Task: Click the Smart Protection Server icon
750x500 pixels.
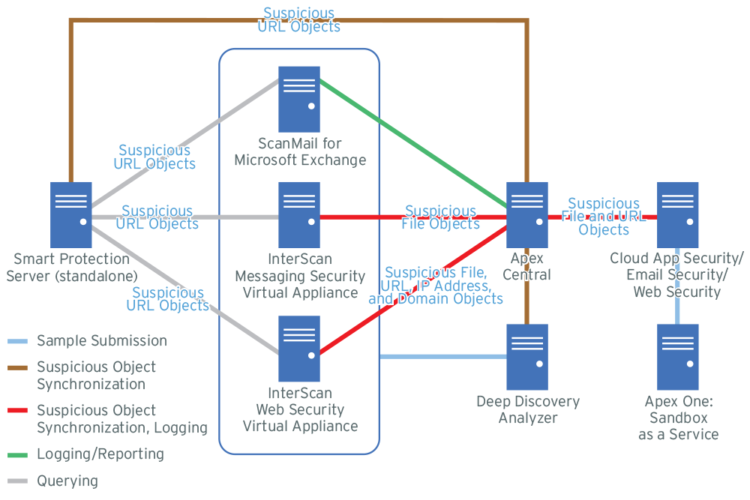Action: [71, 214]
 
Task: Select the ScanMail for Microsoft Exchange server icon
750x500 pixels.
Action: [299, 99]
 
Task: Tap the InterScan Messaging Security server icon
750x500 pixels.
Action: [299, 214]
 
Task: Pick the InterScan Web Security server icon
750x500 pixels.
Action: [299, 349]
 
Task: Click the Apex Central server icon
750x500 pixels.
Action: [527, 214]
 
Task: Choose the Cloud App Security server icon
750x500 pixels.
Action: [677, 214]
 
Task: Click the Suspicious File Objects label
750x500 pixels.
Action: [440, 217]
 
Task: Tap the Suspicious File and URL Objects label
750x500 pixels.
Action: [604, 217]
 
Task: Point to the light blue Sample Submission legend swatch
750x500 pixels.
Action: [17, 341]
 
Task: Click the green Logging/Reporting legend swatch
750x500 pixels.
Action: [17, 454]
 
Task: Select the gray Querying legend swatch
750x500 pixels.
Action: [17, 481]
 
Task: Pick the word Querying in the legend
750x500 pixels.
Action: [67, 481]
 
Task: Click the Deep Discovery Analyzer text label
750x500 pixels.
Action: [528, 410]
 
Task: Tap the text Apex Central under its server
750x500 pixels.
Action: [527, 267]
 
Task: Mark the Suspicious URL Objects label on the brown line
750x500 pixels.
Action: [299, 20]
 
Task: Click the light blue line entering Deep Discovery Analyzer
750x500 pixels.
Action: [442, 357]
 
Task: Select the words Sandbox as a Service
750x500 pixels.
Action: [678, 427]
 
